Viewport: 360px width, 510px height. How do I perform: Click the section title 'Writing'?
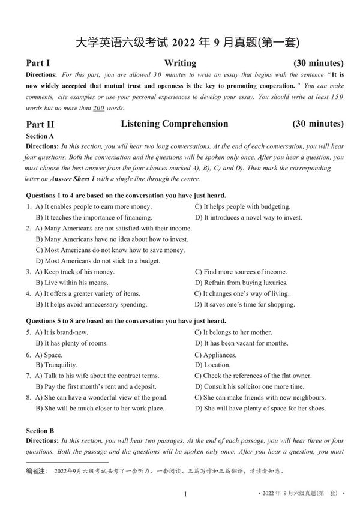(180, 63)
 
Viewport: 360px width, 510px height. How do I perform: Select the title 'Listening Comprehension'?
(175, 124)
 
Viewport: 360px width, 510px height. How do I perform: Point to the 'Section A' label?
(40, 136)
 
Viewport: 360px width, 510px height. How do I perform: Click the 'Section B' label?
(40, 431)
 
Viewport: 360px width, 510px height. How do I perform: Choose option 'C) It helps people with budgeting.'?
(242, 206)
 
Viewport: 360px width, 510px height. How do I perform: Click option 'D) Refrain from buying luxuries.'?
(241, 283)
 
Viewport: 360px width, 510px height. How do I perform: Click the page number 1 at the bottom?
(186, 494)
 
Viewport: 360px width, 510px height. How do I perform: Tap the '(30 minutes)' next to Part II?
(318, 124)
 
